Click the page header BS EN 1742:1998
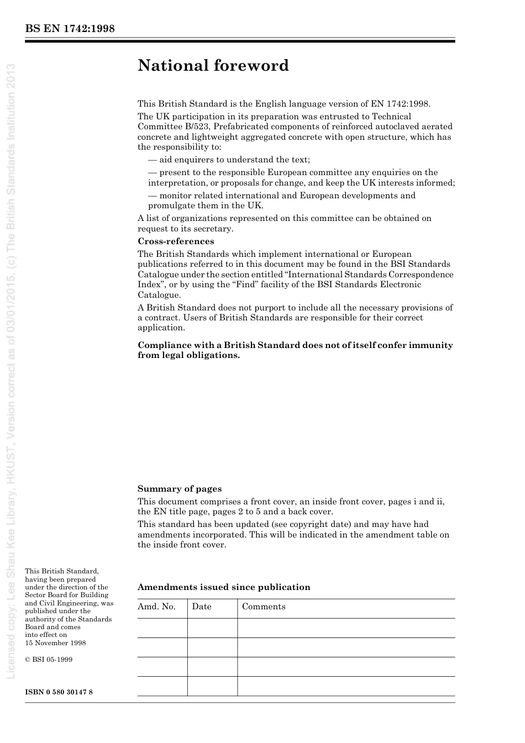70,29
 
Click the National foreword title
213,66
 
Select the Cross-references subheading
176,241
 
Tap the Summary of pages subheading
180,489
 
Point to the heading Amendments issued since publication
224,587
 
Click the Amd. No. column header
156,607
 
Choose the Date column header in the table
202,607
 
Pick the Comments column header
264,607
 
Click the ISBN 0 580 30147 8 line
59,692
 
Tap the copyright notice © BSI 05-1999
49,660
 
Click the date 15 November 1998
55,643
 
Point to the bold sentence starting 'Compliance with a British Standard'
295,350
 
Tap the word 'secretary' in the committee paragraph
214,229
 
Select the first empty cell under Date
212,628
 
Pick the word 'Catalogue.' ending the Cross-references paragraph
159,295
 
